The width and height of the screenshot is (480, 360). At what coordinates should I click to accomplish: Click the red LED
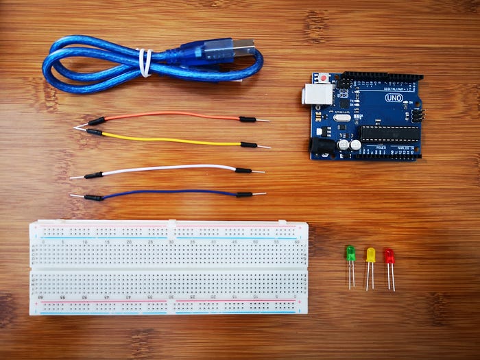click(389, 257)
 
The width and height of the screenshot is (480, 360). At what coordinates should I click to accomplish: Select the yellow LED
click(370, 255)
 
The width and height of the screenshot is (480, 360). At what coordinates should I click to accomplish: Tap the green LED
click(350, 253)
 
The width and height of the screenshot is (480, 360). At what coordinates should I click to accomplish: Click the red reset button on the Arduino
click(322, 77)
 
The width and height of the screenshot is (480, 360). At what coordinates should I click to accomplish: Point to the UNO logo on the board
click(394, 98)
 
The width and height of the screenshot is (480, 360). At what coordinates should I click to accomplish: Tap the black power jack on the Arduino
click(320, 145)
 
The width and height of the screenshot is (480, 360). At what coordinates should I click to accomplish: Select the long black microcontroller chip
click(389, 133)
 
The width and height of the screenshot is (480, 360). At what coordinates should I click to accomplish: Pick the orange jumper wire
click(171, 115)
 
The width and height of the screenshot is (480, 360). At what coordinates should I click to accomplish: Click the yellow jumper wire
click(171, 141)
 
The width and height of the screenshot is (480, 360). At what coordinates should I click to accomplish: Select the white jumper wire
click(171, 167)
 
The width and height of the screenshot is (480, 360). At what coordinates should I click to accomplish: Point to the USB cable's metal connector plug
click(243, 47)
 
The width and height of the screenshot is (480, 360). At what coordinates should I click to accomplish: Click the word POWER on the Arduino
click(381, 147)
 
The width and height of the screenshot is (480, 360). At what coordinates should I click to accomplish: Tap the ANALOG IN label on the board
click(405, 148)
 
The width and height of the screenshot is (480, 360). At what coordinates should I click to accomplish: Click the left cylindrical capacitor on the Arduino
click(344, 145)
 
